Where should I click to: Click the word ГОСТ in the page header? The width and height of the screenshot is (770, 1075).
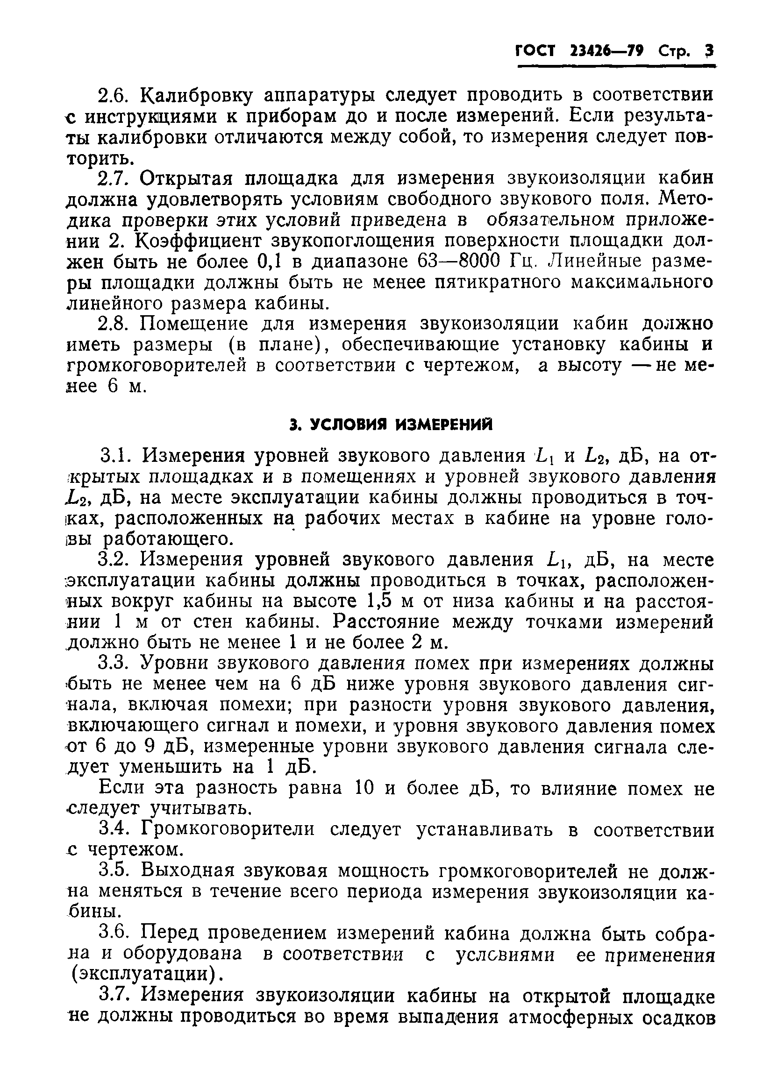click(536, 51)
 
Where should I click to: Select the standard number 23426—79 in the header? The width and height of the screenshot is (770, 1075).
click(607, 51)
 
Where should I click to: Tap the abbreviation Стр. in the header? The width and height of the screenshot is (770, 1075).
click(674, 51)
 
